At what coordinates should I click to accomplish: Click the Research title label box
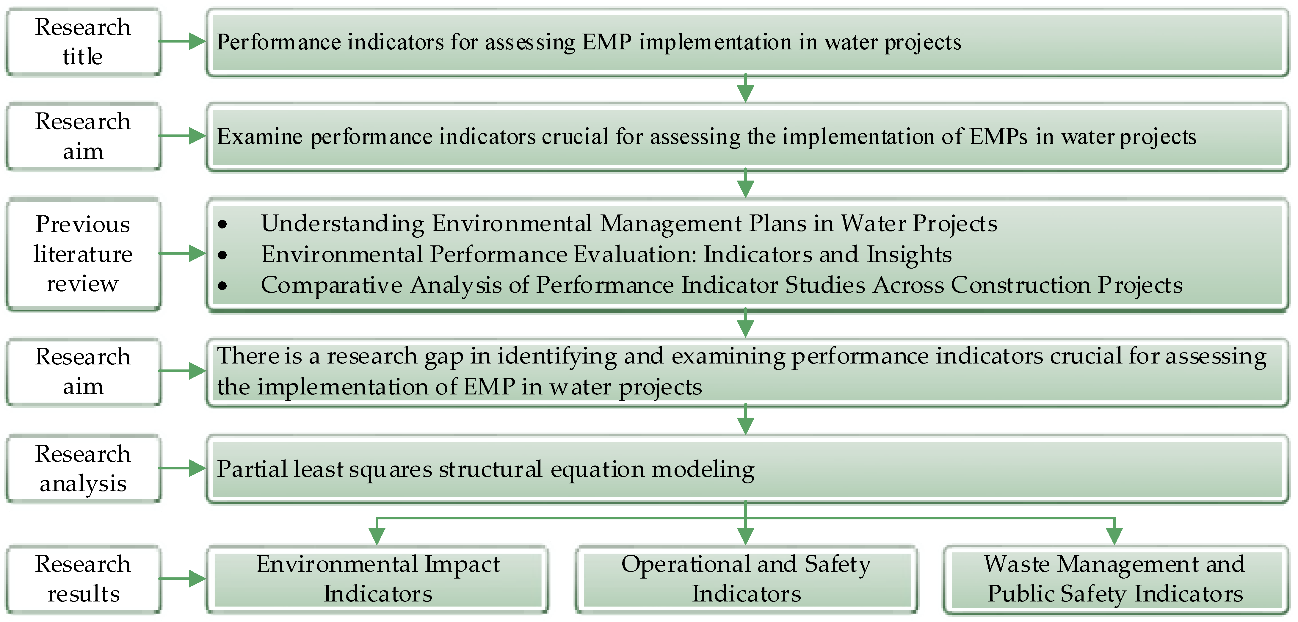(x=83, y=41)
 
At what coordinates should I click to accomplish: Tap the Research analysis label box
(x=83, y=469)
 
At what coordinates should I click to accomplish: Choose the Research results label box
(x=83, y=579)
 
